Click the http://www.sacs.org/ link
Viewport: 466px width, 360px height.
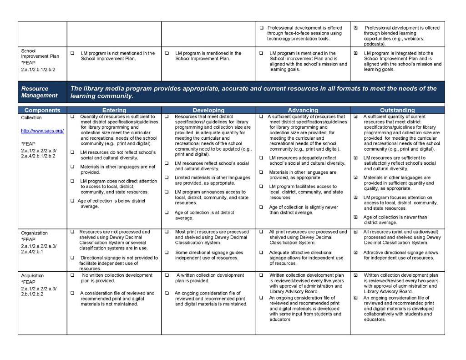pyautogui.click(x=42, y=131)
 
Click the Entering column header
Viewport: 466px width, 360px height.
pyautogui.click(x=114, y=110)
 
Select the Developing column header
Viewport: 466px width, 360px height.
pyautogui.click(x=208, y=110)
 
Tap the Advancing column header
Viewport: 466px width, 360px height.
pyautogui.click(x=303, y=110)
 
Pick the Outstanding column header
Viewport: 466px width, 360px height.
pyautogui.click(x=398, y=110)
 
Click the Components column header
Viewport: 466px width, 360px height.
pyautogui.click(x=42, y=110)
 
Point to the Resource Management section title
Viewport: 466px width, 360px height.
pyautogui.click(x=39, y=92)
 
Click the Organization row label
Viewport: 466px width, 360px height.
pyautogui.click(x=34, y=233)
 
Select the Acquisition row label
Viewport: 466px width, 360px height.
pyautogui.click(x=32, y=276)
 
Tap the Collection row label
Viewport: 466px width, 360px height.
pyautogui.click(x=31, y=118)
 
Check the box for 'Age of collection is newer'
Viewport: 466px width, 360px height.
pyautogui.click(x=356, y=218)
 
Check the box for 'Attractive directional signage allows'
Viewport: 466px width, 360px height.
pyautogui.click(x=356, y=253)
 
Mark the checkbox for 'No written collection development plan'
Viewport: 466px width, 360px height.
pyautogui.click(x=72, y=275)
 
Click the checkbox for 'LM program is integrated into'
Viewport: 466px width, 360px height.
pyautogui.click(x=356, y=53)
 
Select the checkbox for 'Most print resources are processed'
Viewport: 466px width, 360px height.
pyautogui.click(x=167, y=232)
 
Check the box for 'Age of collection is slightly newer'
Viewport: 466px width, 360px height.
pyautogui.click(x=262, y=207)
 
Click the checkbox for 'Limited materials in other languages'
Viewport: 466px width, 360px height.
pyautogui.click(x=167, y=178)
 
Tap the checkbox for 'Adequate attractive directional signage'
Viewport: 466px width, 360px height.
pyautogui.click(x=262, y=253)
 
